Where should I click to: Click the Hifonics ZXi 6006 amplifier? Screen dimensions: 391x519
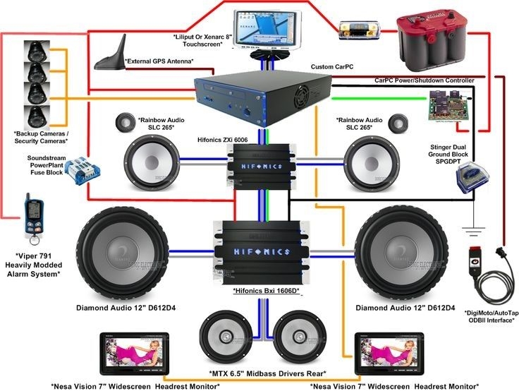click(x=257, y=161)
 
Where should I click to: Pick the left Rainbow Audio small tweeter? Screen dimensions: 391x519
click(x=126, y=121)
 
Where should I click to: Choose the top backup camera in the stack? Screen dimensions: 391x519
click(x=36, y=51)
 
